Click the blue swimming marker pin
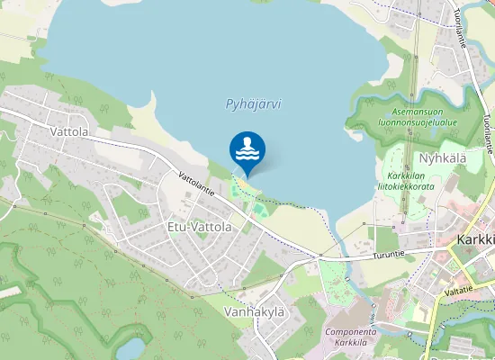[x=247, y=151]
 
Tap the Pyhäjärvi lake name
[x=253, y=103]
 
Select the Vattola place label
[x=69, y=131]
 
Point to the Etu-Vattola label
[x=200, y=227]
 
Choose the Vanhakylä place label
[x=254, y=311]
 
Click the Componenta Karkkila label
[x=355, y=337]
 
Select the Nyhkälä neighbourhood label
[x=442, y=158]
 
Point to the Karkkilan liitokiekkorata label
[x=410, y=180]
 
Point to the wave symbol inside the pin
[x=247, y=155]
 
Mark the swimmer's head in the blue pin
[x=247, y=140]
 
